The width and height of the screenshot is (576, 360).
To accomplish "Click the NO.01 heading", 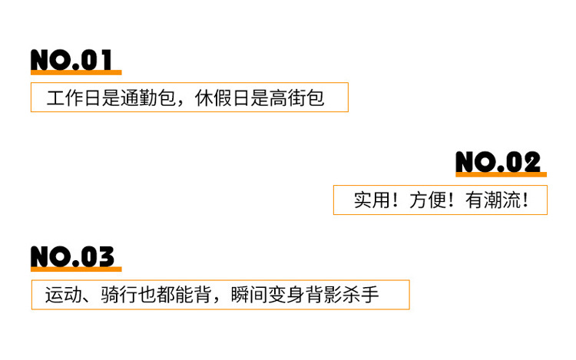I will (71, 59).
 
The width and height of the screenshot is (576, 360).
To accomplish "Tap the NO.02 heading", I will (498, 162).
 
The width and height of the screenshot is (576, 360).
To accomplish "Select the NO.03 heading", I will (72, 257).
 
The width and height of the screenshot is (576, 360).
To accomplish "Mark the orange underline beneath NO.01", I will (76, 72).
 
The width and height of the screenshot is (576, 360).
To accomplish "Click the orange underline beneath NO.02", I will (501, 175).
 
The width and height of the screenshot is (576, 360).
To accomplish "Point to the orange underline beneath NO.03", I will (76, 269).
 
